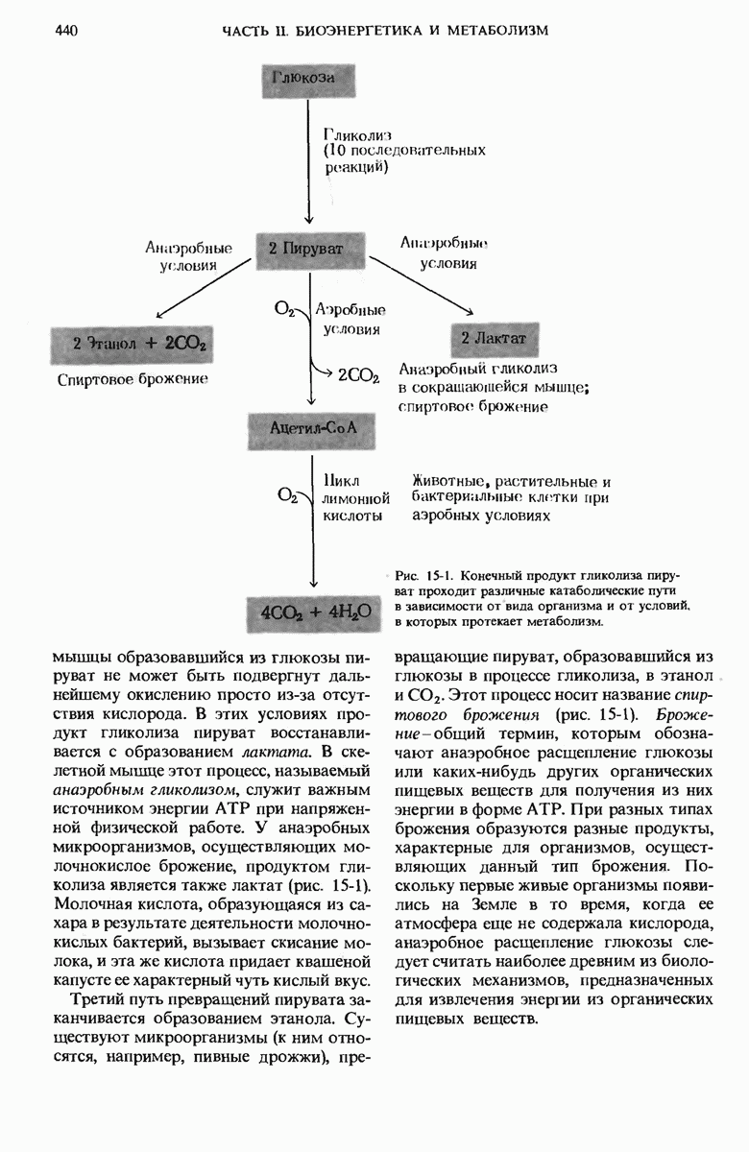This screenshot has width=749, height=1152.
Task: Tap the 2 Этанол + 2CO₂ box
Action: tap(132, 344)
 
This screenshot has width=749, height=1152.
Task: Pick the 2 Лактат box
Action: tap(494, 338)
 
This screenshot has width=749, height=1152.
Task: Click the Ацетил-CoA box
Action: tap(308, 426)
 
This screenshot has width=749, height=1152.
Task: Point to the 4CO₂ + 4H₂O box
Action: tap(308, 611)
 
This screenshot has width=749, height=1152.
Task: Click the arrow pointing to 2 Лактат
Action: tap(423, 285)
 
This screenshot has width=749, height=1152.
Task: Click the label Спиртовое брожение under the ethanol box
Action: tap(133, 379)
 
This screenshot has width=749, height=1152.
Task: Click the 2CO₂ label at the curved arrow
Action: tap(359, 376)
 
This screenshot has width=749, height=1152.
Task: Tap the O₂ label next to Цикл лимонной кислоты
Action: tap(286, 494)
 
